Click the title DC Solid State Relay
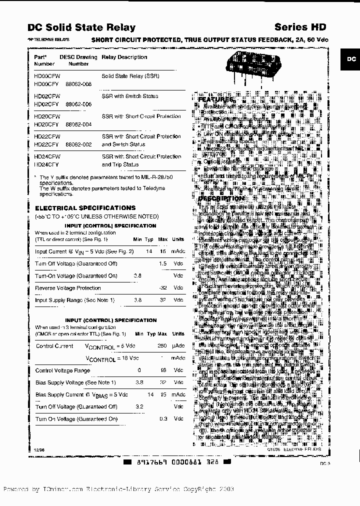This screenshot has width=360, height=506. point(81,27)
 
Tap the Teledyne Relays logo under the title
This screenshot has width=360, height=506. point(49,39)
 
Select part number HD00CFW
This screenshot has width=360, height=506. point(46,76)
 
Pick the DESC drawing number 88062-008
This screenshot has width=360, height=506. point(78,84)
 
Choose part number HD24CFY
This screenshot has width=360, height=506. point(46,164)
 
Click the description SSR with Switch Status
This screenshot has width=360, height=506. point(129,96)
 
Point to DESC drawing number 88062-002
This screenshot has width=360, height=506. point(78,144)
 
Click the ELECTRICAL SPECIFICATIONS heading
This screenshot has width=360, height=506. point(85,207)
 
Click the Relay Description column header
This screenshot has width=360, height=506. point(124,57)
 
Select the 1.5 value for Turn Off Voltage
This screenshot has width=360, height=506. point(162,263)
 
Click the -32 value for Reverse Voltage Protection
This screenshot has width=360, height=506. point(162,288)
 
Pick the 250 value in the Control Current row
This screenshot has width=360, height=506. point(162,346)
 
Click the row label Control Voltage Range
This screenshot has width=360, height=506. point(62,370)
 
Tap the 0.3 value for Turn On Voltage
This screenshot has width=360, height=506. point(162,418)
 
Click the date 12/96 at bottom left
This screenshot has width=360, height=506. point(39,450)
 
